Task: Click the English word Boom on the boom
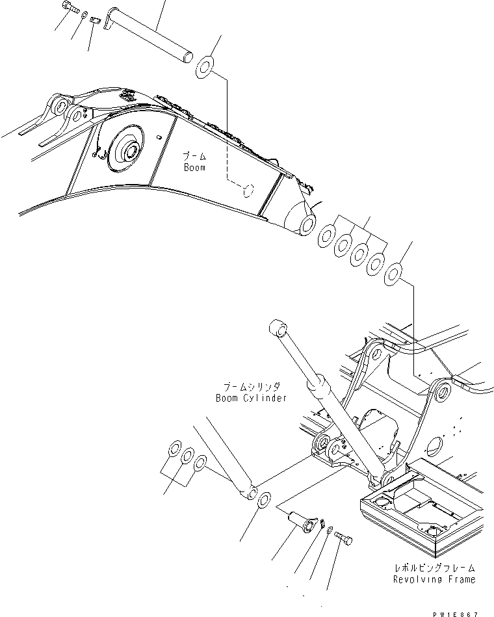pyautogui.click(x=193, y=168)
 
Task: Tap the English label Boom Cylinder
pyautogui.click(x=251, y=398)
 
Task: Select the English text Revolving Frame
pyautogui.click(x=434, y=579)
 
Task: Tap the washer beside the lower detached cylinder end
pyautogui.click(x=265, y=501)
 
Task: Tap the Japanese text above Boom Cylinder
pyautogui.click(x=251, y=386)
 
